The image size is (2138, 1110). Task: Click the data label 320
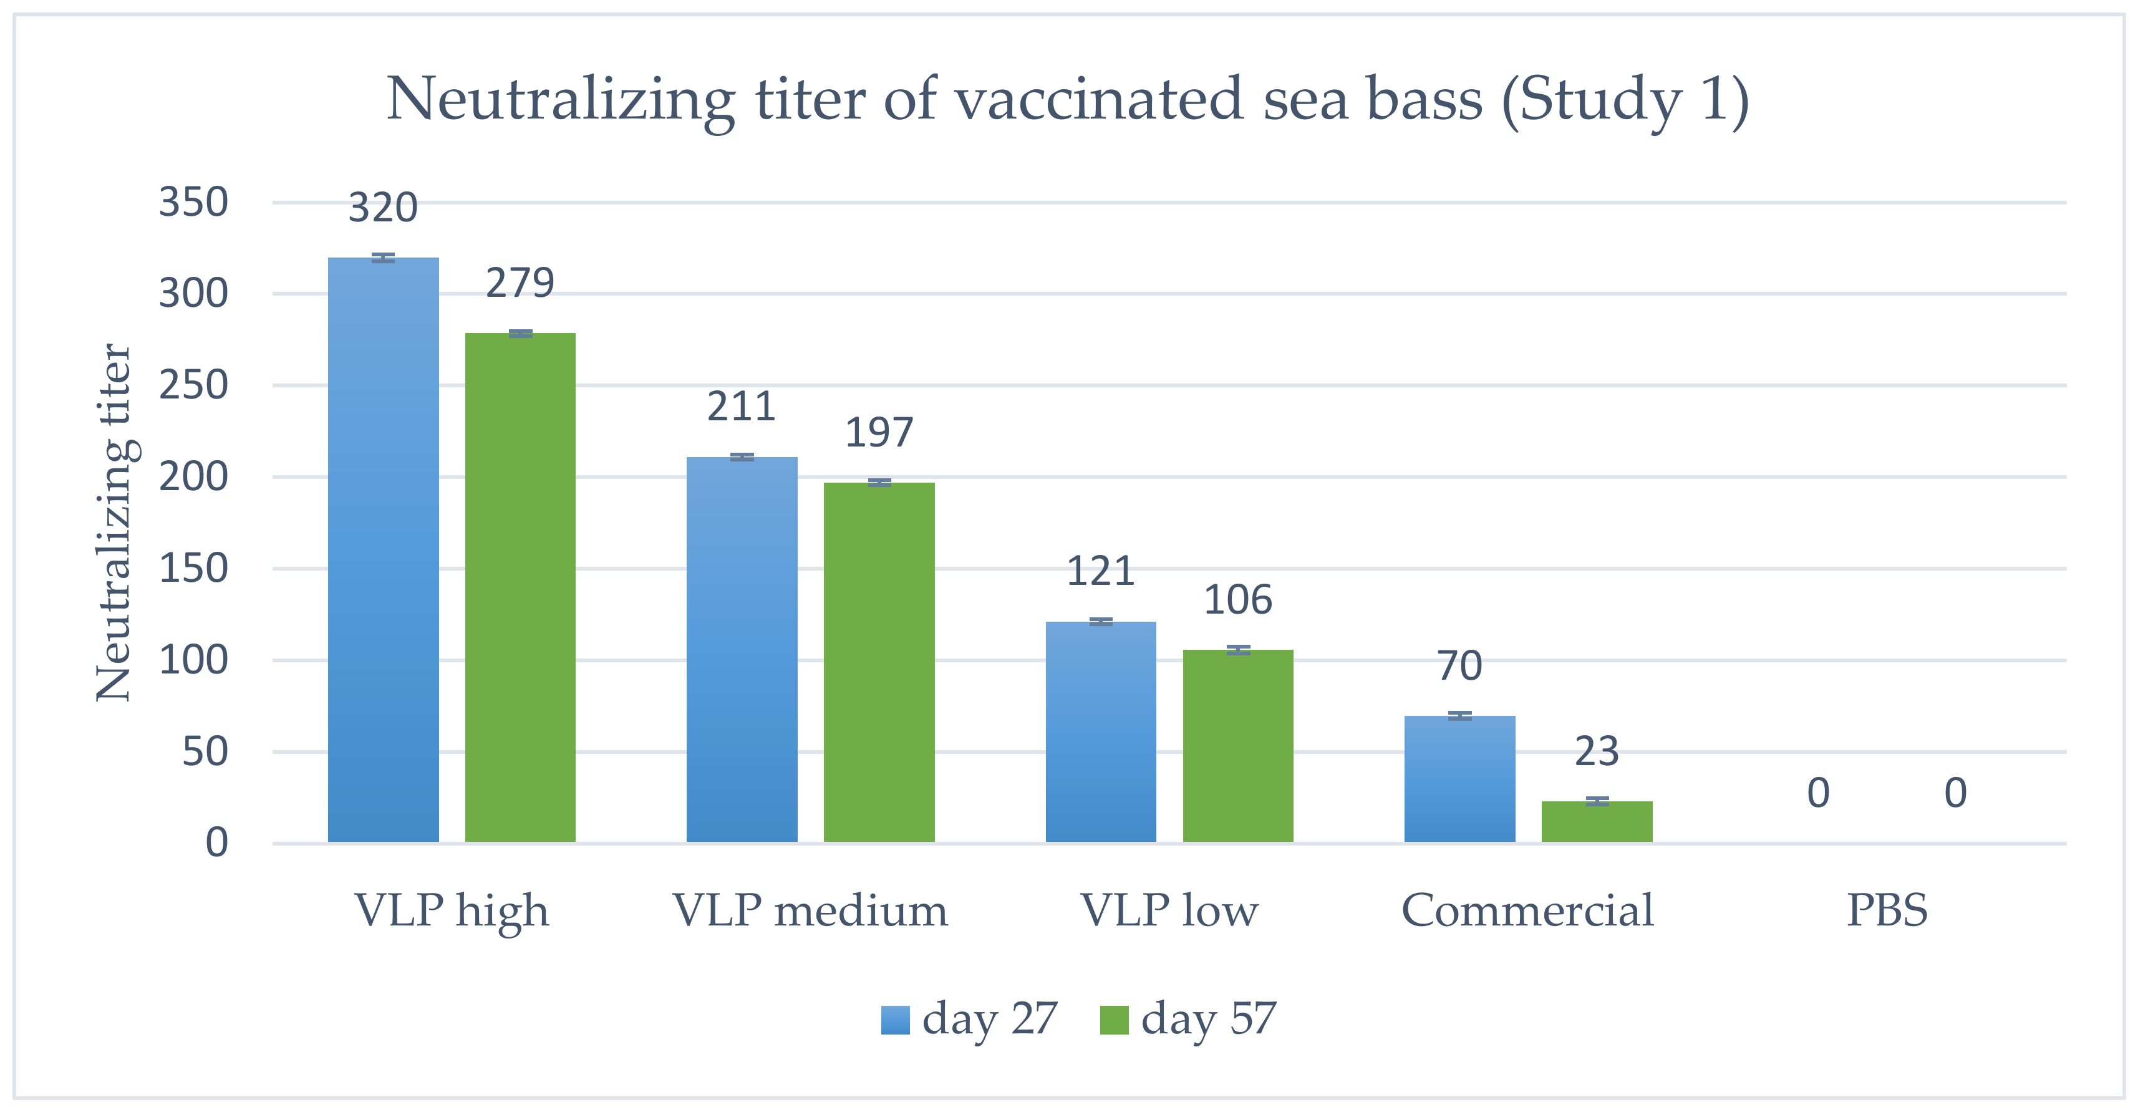click(382, 208)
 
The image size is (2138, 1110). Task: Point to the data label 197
click(879, 432)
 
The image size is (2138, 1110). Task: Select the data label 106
click(1237, 600)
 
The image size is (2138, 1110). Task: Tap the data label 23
click(1596, 751)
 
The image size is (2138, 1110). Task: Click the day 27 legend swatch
click(895, 1020)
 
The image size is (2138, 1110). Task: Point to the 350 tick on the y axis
click(193, 203)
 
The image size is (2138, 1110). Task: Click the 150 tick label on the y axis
click(193, 569)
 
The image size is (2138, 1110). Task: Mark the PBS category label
click(1887, 910)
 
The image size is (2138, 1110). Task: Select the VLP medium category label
click(810, 910)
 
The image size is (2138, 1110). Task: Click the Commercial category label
click(1527, 910)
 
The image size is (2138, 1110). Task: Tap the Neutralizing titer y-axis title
click(115, 523)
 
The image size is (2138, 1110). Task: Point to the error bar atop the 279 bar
click(520, 334)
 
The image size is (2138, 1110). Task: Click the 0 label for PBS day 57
click(1955, 793)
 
